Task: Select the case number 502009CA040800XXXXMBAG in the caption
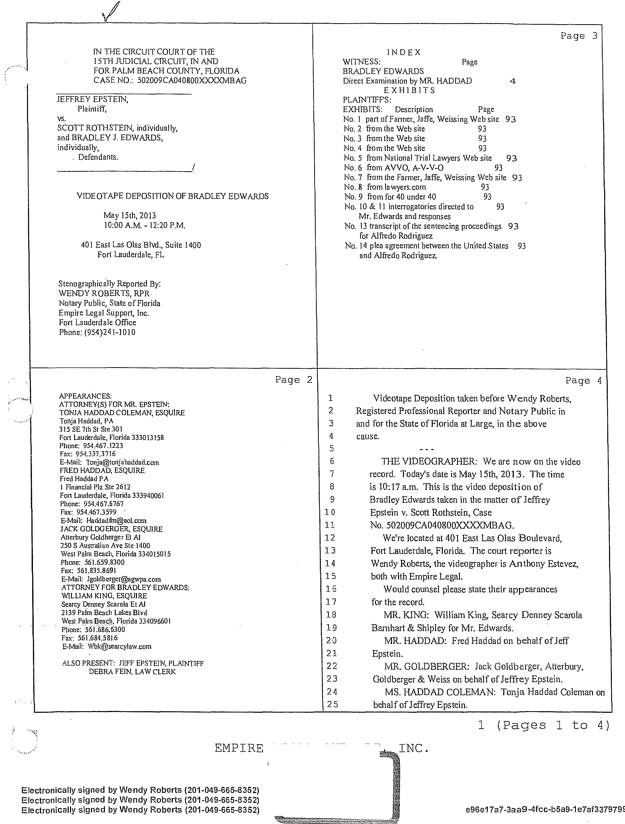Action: coord(192,80)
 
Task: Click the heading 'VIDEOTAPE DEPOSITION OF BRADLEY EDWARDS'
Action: coord(172,196)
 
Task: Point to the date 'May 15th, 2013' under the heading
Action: coord(129,215)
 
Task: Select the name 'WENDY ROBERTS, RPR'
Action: coord(104,294)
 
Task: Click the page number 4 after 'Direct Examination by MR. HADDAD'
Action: coord(513,81)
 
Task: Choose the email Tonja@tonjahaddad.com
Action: coord(122,462)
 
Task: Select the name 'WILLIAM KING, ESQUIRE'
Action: coord(104,596)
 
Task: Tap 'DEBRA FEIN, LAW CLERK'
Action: coord(132,672)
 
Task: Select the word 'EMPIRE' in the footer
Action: coord(239,748)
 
